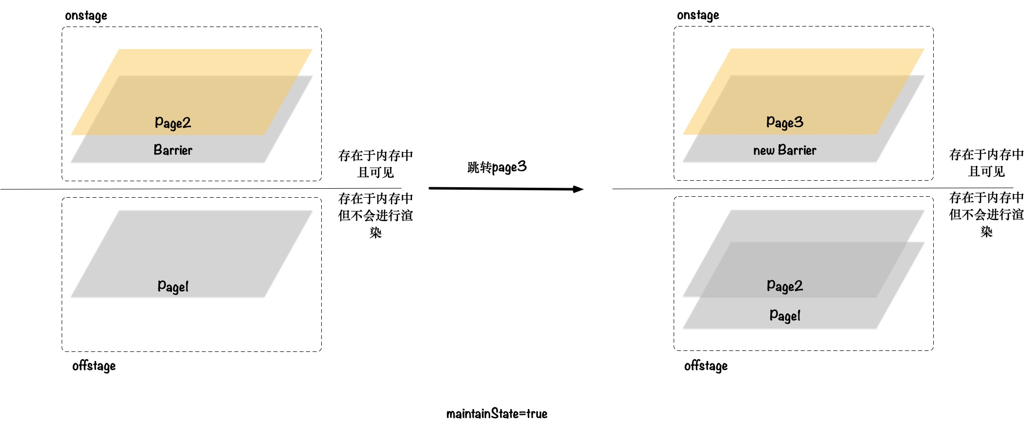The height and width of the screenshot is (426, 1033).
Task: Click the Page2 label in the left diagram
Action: [173, 123]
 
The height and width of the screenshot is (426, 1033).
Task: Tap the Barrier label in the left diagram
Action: [173, 150]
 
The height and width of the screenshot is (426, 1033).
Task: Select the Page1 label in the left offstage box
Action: [173, 286]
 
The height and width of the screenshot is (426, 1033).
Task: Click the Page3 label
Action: [785, 122]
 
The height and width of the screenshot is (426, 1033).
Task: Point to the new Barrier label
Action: [785, 150]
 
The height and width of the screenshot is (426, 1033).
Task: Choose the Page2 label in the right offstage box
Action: [785, 286]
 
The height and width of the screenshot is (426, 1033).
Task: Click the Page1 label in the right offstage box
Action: [785, 315]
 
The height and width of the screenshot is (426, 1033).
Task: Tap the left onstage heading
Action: [86, 16]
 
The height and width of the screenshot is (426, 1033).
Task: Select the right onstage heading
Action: [698, 15]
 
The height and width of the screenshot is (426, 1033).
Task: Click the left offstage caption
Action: [94, 366]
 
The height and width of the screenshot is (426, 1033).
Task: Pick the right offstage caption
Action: [706, 366]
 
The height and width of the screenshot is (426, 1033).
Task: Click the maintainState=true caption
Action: [497, 413]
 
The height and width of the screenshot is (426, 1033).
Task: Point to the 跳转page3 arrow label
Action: [497, 167]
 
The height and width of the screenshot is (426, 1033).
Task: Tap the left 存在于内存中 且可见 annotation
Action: [375, 164]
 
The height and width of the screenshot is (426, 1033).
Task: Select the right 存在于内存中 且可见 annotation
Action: [986, 163]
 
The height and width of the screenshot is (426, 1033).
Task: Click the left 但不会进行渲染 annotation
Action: [375, 215]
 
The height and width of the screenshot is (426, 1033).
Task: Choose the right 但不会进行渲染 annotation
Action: [986, 214]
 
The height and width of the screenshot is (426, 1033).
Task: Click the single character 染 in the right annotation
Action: [986, 232]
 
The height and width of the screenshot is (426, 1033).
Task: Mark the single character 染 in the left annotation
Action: [375, 233]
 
